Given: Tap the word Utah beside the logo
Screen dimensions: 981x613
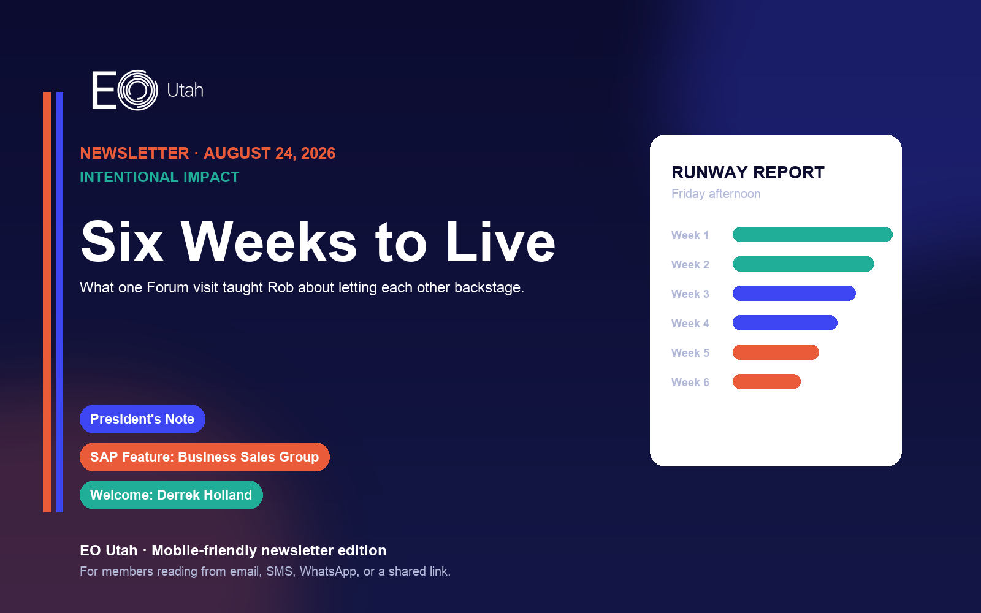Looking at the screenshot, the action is (185, 91).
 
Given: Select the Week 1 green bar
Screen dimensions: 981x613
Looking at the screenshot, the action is (812, 235).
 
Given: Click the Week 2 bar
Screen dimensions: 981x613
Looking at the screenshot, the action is (803, 264).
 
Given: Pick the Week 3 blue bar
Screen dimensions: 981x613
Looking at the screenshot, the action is (794, 294).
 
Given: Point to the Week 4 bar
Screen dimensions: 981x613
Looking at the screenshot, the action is (785, 322).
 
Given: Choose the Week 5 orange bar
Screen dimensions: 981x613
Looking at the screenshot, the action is (776, 352).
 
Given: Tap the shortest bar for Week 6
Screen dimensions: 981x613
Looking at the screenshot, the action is (766, 381).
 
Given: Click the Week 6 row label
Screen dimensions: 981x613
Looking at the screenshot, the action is (690, 383).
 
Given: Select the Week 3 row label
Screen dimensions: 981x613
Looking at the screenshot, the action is (690, 294).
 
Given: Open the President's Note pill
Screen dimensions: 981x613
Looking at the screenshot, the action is (142, 419).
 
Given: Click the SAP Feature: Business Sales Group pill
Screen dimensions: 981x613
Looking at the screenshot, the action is (205, 457).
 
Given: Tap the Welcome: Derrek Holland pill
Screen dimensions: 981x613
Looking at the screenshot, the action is (171, 495).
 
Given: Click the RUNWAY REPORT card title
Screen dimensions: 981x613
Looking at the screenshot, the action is (748, 172).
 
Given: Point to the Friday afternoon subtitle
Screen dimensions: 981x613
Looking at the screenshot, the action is (716, 194).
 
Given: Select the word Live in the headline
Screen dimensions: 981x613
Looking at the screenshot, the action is (500, 242).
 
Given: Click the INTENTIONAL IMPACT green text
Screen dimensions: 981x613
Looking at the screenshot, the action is (159, 177).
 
